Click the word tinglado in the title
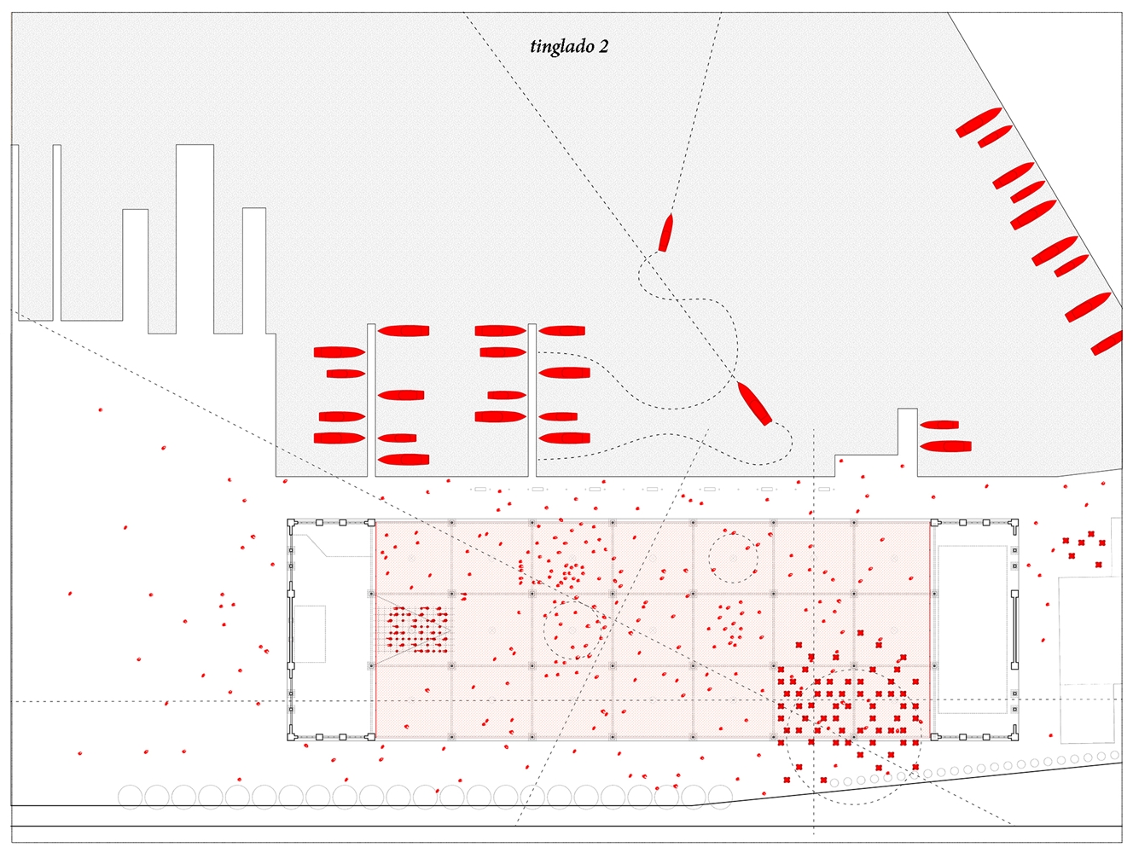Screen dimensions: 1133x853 tap(561, 46)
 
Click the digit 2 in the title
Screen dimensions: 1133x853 tap(603, 47)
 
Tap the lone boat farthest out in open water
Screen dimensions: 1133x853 tap(665, 232)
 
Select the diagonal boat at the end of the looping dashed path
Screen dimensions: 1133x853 tap(754, 403)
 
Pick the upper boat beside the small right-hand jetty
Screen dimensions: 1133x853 tap(939, 425)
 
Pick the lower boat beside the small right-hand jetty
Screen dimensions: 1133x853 tap(945, 446)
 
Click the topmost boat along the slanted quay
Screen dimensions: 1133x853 tap(979, 122)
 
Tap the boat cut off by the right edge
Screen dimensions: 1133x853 tap(1107, 343)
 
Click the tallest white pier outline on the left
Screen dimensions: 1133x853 tap(195, 239)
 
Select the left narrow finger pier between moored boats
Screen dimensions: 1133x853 tap(371, 400)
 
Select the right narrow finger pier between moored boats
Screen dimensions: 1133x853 tap(532, 400)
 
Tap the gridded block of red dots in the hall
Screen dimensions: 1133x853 tap(417, 629)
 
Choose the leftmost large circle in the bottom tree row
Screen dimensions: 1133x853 tap(130, 798)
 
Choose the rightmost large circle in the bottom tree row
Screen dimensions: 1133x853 tap(720, 798)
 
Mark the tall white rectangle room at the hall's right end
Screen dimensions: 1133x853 tap(972, 630)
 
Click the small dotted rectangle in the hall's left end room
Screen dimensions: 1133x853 tap(310, 634)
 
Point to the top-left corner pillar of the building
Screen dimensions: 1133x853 tap(291, 523)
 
